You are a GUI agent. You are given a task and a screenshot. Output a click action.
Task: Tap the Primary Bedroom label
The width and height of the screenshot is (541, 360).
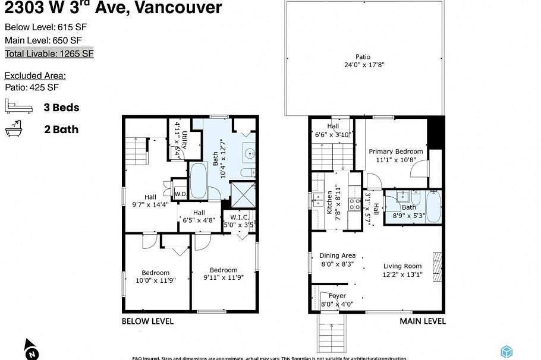pyautogui.click(x=395, y=151)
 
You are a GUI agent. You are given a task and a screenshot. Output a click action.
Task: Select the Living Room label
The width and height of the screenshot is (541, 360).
pyautogui.click(x=402, y=266)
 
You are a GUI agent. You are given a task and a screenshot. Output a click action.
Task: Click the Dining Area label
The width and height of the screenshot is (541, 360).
pyautogui.click(x=337, y=255)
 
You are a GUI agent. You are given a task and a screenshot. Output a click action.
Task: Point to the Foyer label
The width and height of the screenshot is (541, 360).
pyautogui.click(x=337, y=295)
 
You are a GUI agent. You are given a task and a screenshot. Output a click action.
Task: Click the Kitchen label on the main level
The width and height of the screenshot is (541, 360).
pyautogui.click(x=330, y=203)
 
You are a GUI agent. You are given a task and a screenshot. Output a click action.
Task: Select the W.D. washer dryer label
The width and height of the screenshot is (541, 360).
pyautogui.click(x=181, y=194)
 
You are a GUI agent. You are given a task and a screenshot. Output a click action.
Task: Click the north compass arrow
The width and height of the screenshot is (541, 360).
pyautogui.click(x=32, y=349)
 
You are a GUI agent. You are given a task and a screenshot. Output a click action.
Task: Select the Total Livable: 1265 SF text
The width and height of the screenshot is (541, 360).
pyautogui.click(x=49, y=53)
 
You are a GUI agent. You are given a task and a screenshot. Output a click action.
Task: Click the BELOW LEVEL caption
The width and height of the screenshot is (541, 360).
pyautogui.click(x=147, y=321)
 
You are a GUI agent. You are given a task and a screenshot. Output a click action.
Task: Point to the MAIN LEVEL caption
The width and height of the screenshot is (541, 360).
pyautogui.click(x=422, y=321)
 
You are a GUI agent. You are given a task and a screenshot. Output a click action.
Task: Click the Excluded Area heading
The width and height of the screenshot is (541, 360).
pyautogui.click(x=35, y=75)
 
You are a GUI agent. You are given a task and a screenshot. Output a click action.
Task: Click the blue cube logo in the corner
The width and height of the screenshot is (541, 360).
pyautogui.click(x=506, y=351)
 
